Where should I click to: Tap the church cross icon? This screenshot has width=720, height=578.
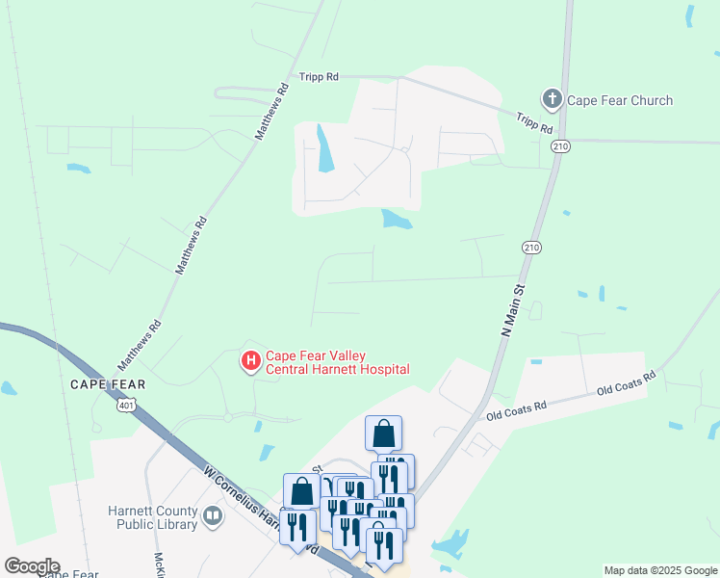552,99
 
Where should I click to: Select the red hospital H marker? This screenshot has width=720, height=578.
250,361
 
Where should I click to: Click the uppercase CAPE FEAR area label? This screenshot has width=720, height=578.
108,384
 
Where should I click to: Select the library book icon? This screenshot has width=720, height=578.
213,517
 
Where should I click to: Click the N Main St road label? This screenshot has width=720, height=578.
514,308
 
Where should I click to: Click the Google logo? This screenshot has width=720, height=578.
32,566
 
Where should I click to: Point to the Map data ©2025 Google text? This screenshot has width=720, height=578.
660,570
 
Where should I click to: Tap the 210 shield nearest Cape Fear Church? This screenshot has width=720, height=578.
560,146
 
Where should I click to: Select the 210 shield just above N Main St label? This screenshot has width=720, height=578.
530,248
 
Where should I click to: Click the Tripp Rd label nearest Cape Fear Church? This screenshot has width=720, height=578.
534,123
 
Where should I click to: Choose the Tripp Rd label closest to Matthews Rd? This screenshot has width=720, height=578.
320,76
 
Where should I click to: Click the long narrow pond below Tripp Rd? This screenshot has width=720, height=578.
325,149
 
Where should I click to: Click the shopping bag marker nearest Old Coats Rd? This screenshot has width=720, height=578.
383,433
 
